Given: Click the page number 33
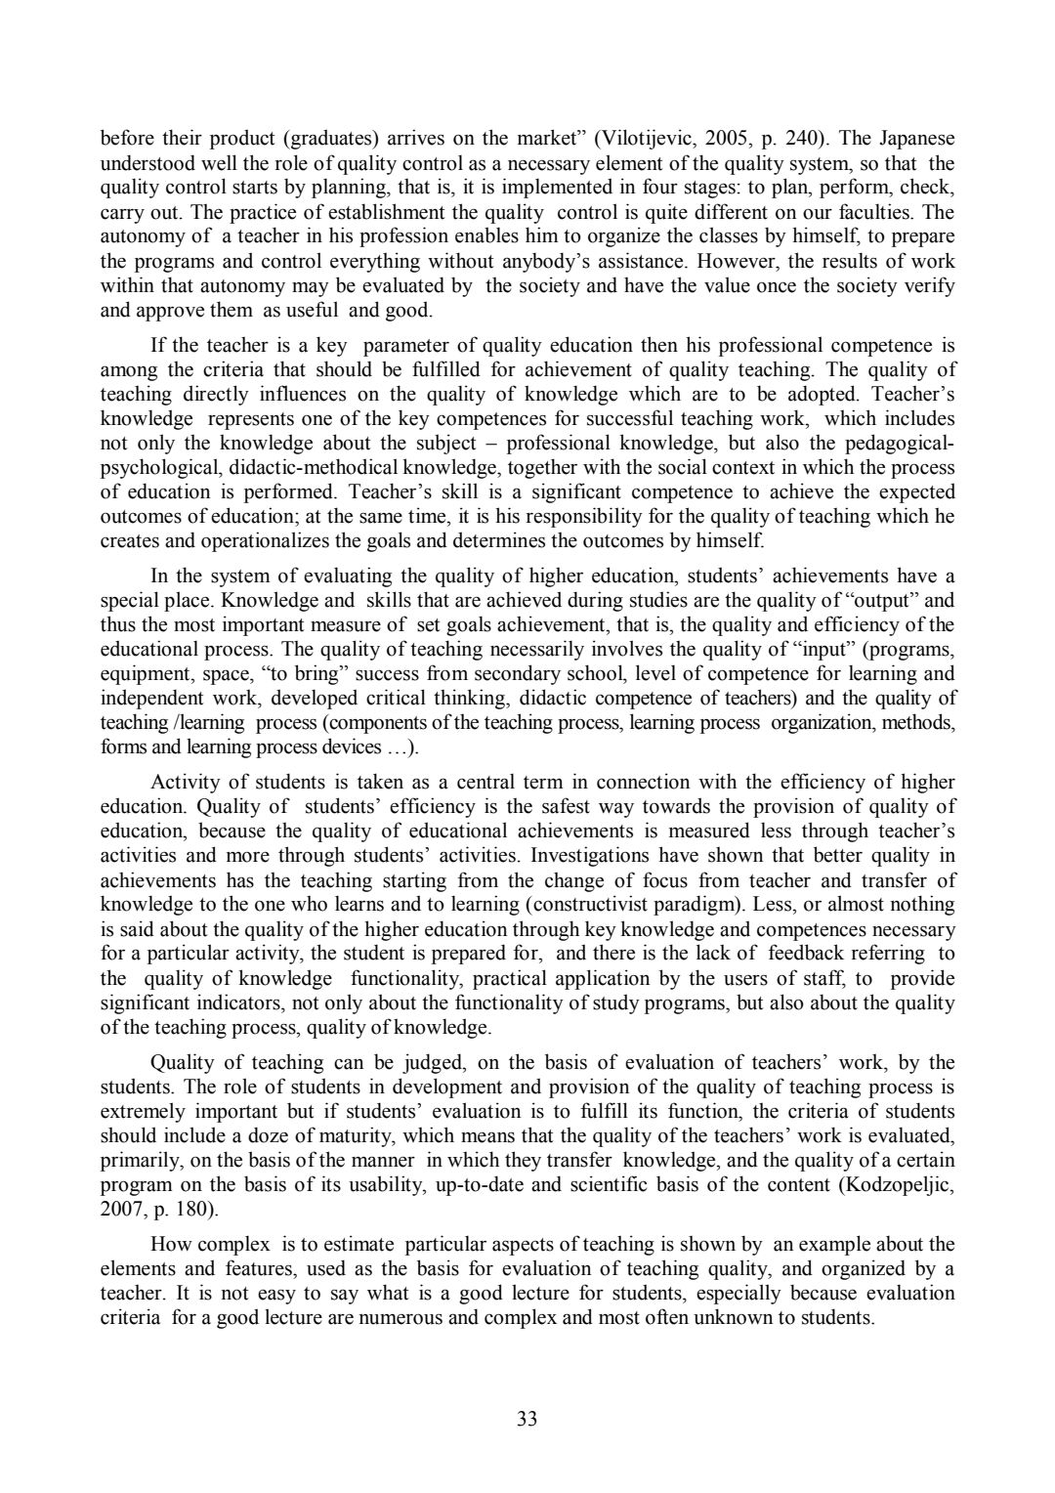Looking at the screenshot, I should point(527,1419).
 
